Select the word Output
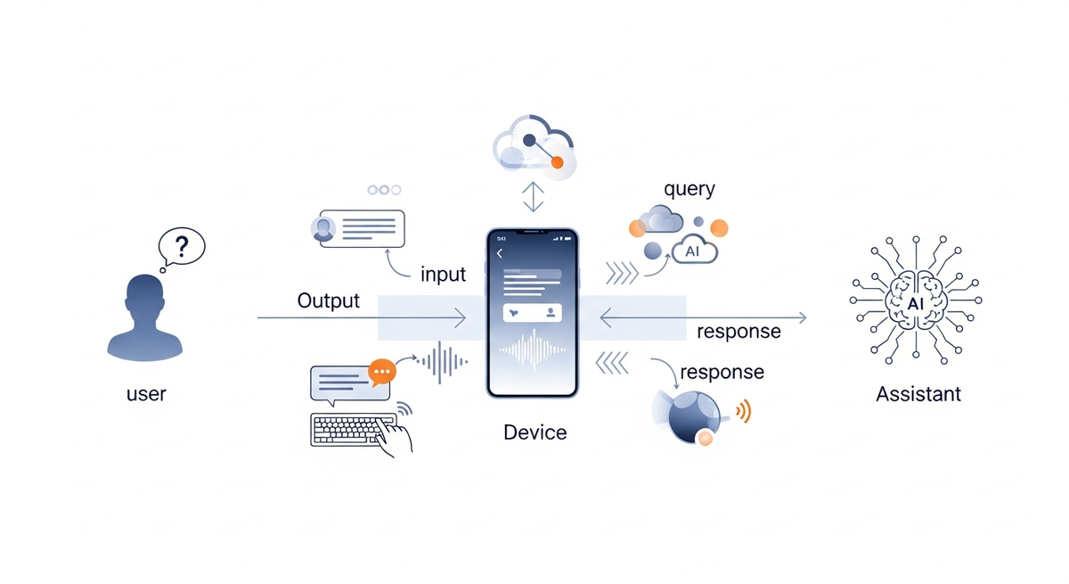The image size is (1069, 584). click(329, 300)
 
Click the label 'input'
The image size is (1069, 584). click(443, 274)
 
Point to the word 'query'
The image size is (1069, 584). click(690, 189)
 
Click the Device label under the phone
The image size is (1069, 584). click(534, 432)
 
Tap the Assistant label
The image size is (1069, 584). click(918, 393)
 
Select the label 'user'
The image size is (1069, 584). click(146, 393)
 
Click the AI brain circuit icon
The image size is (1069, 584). click(916, 300)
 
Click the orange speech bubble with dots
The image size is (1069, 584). click(381, 371)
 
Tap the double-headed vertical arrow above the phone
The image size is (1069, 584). click(533, 196)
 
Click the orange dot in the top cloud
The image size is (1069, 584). click(558, 162)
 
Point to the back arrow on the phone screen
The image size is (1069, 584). click(500, 254)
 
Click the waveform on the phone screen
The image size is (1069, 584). click(533, 351)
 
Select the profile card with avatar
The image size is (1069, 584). click(357, 228)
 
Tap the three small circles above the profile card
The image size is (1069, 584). click(384, 190)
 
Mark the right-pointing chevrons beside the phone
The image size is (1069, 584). click(622, 274)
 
